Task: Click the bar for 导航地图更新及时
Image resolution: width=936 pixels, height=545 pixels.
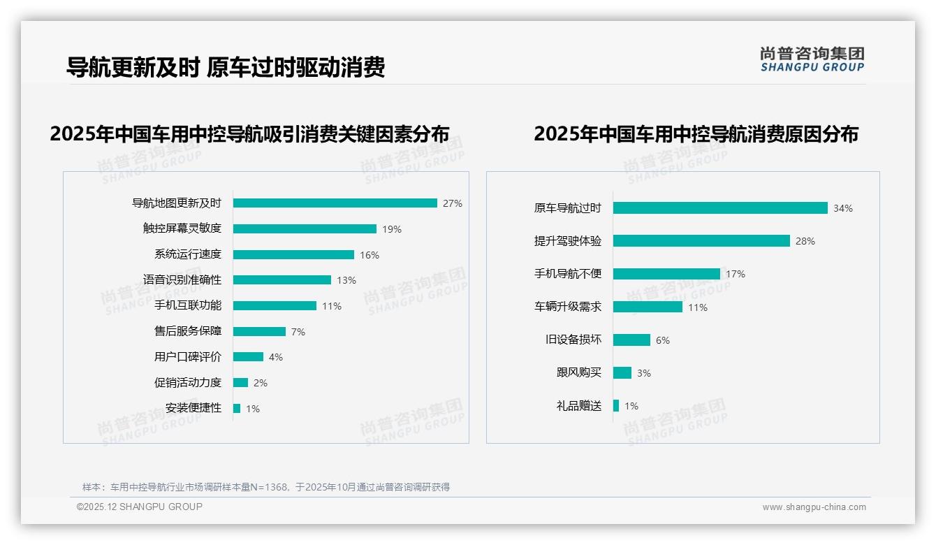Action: (335, 203)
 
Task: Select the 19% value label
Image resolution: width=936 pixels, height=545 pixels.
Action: (392, 229)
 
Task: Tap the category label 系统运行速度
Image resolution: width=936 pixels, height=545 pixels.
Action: (188, 254)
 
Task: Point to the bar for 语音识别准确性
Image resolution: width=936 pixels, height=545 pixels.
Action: (282, 280)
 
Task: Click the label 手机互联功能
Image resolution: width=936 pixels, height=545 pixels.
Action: (188, 305)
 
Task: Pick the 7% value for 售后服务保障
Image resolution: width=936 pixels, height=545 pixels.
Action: (298, 332)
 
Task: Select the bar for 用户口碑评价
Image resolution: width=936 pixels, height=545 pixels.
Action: (249, 357)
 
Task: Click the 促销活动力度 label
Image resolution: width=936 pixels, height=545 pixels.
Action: (188, 382)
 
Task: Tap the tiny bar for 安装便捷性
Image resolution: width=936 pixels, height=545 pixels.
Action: (237, 408)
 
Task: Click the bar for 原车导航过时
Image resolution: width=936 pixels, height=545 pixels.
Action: (720, 208)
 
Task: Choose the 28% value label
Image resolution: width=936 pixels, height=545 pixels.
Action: (805, 241)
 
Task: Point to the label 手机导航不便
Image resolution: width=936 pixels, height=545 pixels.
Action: (568, 274)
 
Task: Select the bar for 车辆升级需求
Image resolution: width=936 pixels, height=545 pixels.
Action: (648, 307)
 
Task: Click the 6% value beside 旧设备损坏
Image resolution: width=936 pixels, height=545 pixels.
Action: (663, 340)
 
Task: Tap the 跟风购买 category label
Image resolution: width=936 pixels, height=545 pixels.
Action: (579, 372)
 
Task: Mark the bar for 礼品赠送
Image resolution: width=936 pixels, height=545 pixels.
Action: (616, 405)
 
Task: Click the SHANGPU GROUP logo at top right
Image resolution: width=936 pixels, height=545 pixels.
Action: (812, 59)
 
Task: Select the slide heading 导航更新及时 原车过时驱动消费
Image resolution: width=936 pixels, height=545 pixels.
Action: (226, 68)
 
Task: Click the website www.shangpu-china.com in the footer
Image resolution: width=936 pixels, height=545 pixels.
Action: (814, 507)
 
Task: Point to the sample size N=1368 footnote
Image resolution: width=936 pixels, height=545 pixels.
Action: (265, 487)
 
